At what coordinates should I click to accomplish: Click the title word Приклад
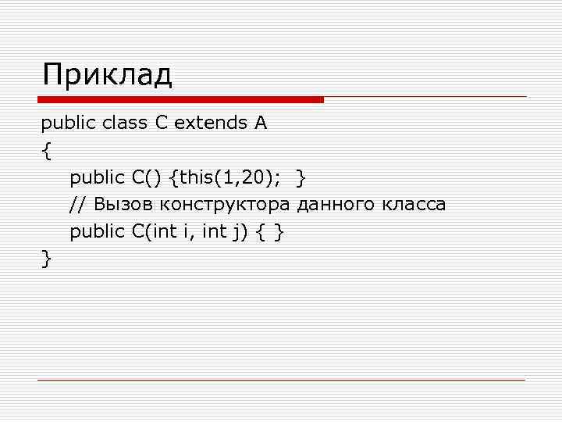click(108, 76)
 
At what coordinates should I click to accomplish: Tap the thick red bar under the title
click(180, 100)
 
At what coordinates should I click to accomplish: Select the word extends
click(208, 123)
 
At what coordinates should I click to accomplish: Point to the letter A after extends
click(260, 123)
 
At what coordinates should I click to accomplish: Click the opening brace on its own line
click(47, 151)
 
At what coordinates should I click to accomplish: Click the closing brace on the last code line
click(47, 258)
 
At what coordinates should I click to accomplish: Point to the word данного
click(336, 205)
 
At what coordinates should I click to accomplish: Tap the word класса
click(414, 205)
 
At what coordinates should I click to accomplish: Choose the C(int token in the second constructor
click(157, 231)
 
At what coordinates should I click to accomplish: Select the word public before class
click(66, 123)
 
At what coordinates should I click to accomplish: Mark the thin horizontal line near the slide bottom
click(281, 380)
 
